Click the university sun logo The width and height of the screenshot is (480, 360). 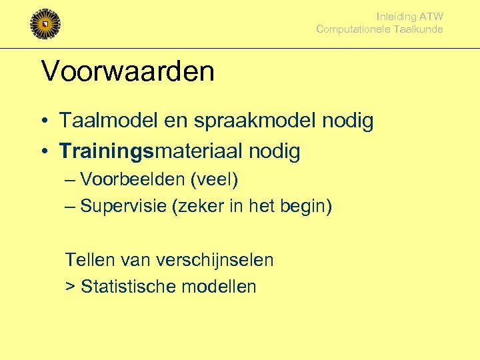[45, 25]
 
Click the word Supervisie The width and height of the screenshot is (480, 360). [123, 207]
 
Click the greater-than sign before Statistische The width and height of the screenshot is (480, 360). [70, 287]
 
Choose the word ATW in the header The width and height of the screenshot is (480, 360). [431, 17]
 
